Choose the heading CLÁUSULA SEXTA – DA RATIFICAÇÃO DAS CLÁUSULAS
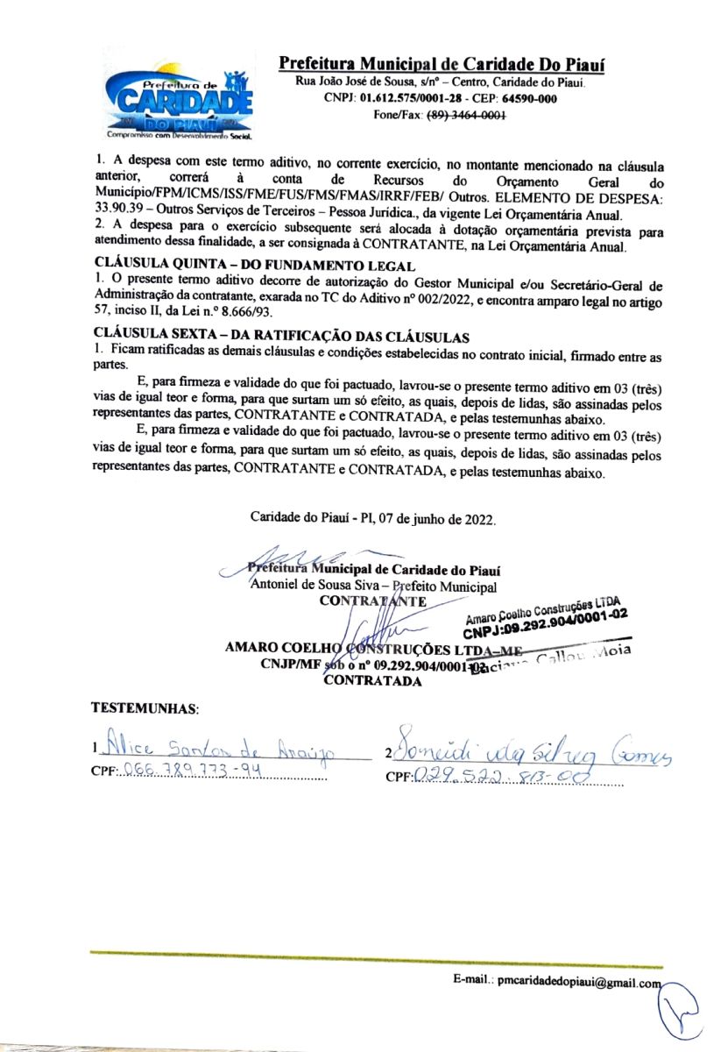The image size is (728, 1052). point(283,336)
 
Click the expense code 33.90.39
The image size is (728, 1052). point(121,214)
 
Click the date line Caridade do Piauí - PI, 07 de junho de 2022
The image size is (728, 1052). point(373,519)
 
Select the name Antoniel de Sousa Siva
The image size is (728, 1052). point(318,585)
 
